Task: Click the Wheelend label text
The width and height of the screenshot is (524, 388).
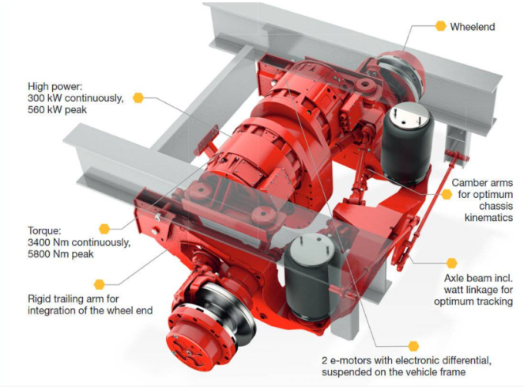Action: coord(472,27)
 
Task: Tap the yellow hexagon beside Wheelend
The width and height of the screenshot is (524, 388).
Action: coord(441,26)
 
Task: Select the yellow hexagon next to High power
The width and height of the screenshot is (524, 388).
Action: coord(138,97)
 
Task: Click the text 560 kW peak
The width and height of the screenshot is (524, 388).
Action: coord(57,110)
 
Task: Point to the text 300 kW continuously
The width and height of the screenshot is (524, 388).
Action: coord(76,98)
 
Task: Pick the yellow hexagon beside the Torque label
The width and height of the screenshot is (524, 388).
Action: coord(104,229)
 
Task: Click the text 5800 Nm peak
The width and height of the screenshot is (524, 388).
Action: coord(61,254)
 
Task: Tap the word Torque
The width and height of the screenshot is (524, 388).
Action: coord(44,231)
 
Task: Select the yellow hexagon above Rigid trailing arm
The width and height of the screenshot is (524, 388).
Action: coord(100,284)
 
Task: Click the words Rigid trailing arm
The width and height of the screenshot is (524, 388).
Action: coord(74,299)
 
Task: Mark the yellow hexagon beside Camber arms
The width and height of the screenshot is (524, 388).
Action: coord(447,194)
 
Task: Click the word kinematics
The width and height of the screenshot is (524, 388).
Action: coord(488,218)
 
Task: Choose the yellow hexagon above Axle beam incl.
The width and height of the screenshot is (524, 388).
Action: coord(451,263)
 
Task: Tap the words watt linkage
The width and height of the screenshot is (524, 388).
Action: coord(470,290)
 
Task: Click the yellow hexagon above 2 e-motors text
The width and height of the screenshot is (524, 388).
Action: coord(413,346)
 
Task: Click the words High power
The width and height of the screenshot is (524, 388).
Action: coord(55,86)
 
